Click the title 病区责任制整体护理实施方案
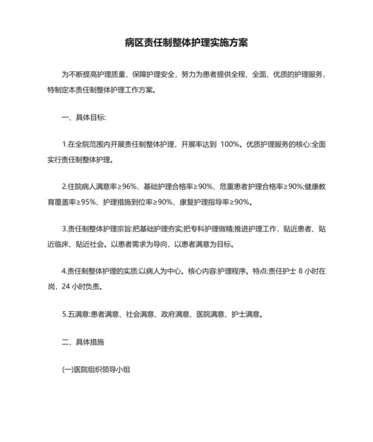click(x=186, y=41)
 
